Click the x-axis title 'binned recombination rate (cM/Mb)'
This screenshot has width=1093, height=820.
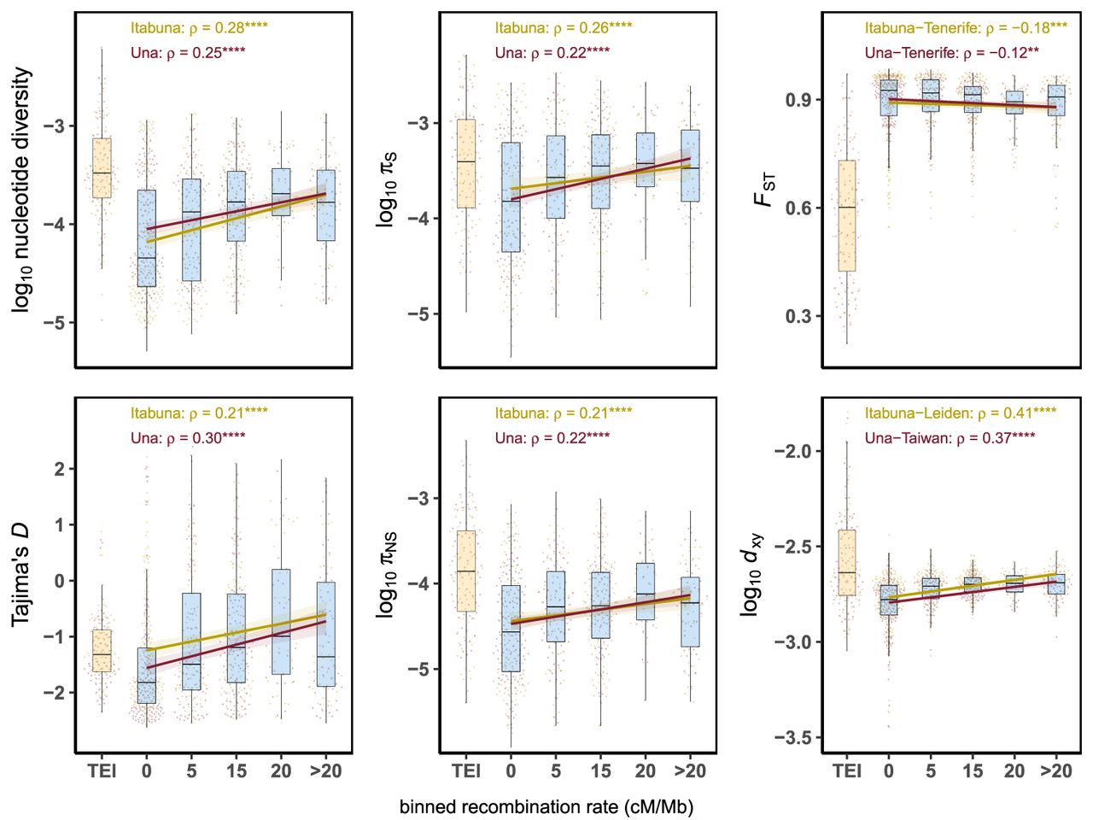click(x=546, y=807)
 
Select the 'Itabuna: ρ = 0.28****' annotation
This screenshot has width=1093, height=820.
click(x=199, y=27)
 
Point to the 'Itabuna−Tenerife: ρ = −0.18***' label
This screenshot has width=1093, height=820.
click(x=966, y=28)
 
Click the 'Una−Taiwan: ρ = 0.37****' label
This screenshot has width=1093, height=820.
click(x=950, y=438)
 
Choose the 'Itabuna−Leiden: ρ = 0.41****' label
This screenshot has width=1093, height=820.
click(x=961, y=413)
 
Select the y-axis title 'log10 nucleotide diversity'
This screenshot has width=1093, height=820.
click(x=23, y=190)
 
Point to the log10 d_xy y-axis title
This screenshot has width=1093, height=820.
click(x=751, y=574)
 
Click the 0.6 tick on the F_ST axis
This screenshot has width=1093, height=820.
click(x=798, y=208)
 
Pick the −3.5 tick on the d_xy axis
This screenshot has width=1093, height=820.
click(x=791, y=738)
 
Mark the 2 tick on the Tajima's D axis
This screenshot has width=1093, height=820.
click(x=59, y=469)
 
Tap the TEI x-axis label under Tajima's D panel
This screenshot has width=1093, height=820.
click(x=102, y=771)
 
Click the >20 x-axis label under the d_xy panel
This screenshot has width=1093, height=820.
click(x=1055, y=771)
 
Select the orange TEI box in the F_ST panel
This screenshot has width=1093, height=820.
click(x=846, y=215)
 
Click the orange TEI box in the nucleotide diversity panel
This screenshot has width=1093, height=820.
click(x=102, y=167)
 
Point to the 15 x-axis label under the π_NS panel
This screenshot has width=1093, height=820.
click(x=600, y=771)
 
